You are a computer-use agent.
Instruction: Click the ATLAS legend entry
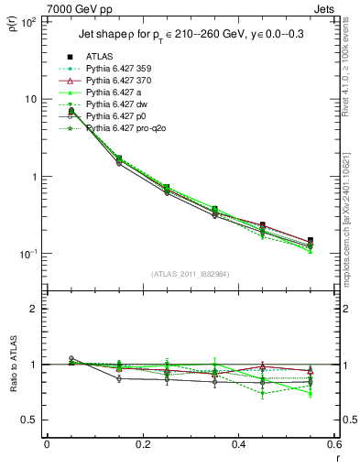pyautogui.click(x=98, y=57)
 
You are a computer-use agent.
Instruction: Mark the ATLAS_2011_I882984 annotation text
pyautogui.click(x=191, y=274)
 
